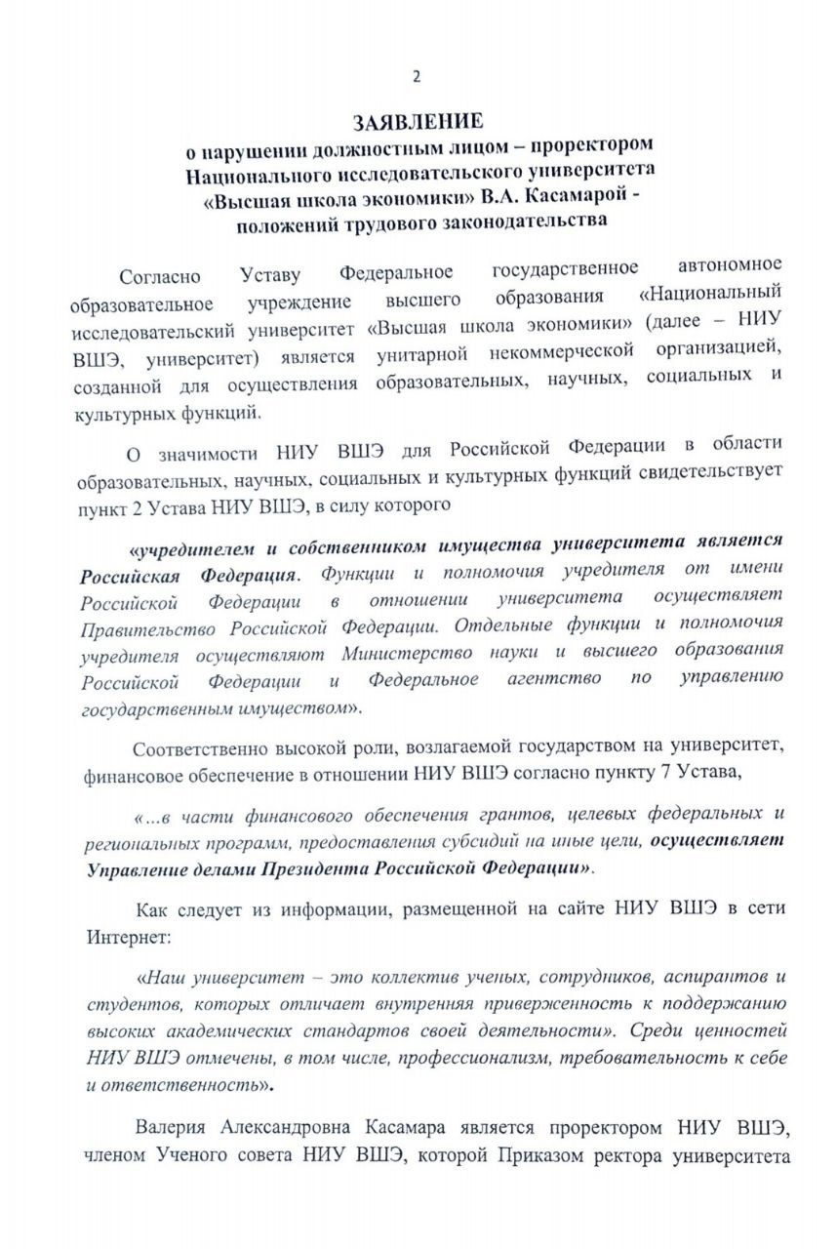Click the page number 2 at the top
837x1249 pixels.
click(x=418, y=76)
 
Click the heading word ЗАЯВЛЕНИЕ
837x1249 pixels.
click(x=418, y=122)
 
